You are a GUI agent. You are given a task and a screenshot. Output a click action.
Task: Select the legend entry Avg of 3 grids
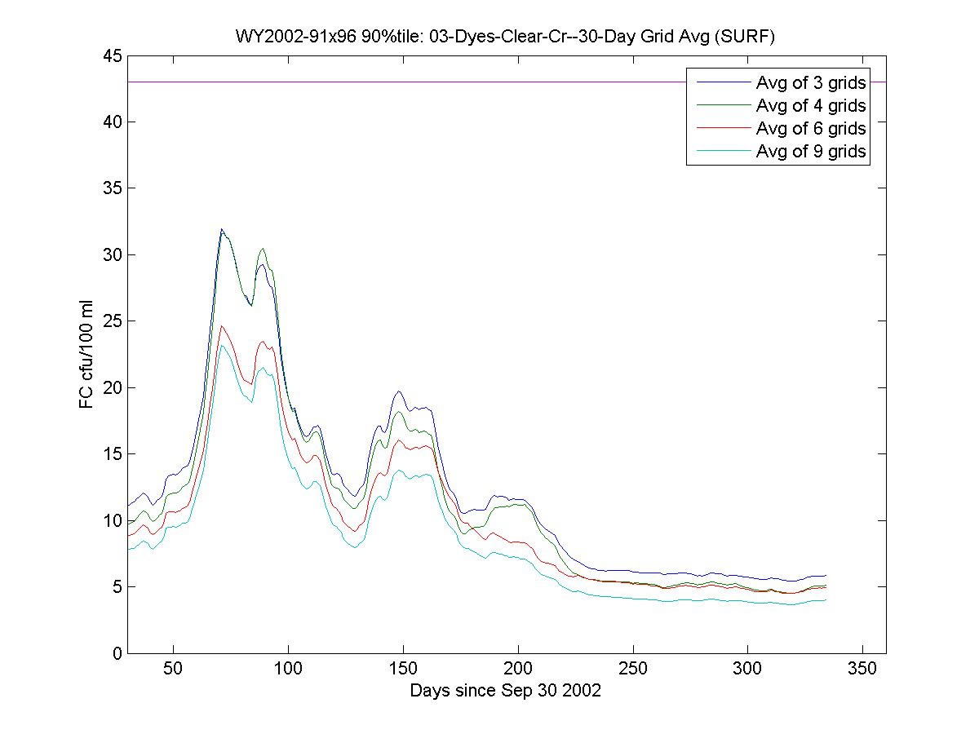pyautogui.click(x=810, y=82)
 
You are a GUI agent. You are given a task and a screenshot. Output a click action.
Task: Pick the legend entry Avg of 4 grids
pyautogui.click(x=810, y=105)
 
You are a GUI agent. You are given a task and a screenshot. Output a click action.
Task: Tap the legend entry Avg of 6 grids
pyautogui.click(x=810, y=128)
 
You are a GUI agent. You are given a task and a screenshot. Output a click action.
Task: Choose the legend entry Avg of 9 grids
pyautogui.click(x=810, y=151)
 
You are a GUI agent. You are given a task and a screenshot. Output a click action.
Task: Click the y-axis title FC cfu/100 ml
pyautogui.click(x=86, y=355)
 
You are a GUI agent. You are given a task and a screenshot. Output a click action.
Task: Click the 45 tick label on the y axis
pyautogui.click(x=113, y=55)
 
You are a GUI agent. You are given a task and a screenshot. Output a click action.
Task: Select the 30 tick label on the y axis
pyautogui.click(x=113, y=254)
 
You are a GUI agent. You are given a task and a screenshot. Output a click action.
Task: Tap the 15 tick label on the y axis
pyautogui.click(x=113, y=454)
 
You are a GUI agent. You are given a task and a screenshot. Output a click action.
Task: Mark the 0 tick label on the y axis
pyautogui.click(x=117, y=653)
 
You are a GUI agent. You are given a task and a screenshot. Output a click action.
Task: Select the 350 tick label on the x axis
pyautogui.click(x=863, y=670)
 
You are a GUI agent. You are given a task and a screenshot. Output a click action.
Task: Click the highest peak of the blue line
pyautogui.click(x=221, y=229)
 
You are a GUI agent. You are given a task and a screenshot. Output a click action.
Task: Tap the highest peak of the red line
pyautogui.click(x=221, y=326)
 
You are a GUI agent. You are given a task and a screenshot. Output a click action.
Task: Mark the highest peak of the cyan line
pyautogui.click(x=221, y=346)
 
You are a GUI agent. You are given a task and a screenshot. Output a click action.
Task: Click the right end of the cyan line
pyautogui.click(x=826, y=600)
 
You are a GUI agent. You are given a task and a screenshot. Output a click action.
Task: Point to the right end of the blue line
pyautogui.click(x=826, y=576)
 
